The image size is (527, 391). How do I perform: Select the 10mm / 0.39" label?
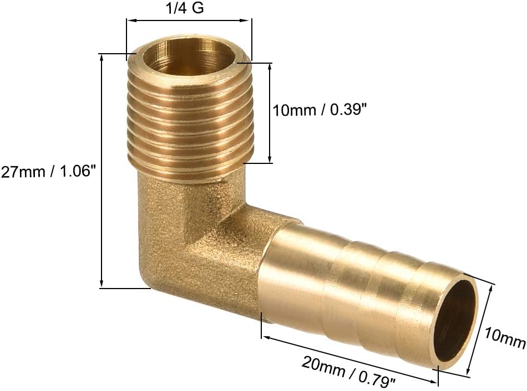(x=320, y=110)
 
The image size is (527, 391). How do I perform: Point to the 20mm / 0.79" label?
(x=349, y=372)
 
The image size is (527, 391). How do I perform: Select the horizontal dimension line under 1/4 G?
(x=189, y=22)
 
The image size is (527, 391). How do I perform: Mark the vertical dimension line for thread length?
(x=270, y=113)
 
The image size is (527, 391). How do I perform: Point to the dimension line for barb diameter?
(x=481, y=330)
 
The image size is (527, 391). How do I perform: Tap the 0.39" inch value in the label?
(x=348, y=110)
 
